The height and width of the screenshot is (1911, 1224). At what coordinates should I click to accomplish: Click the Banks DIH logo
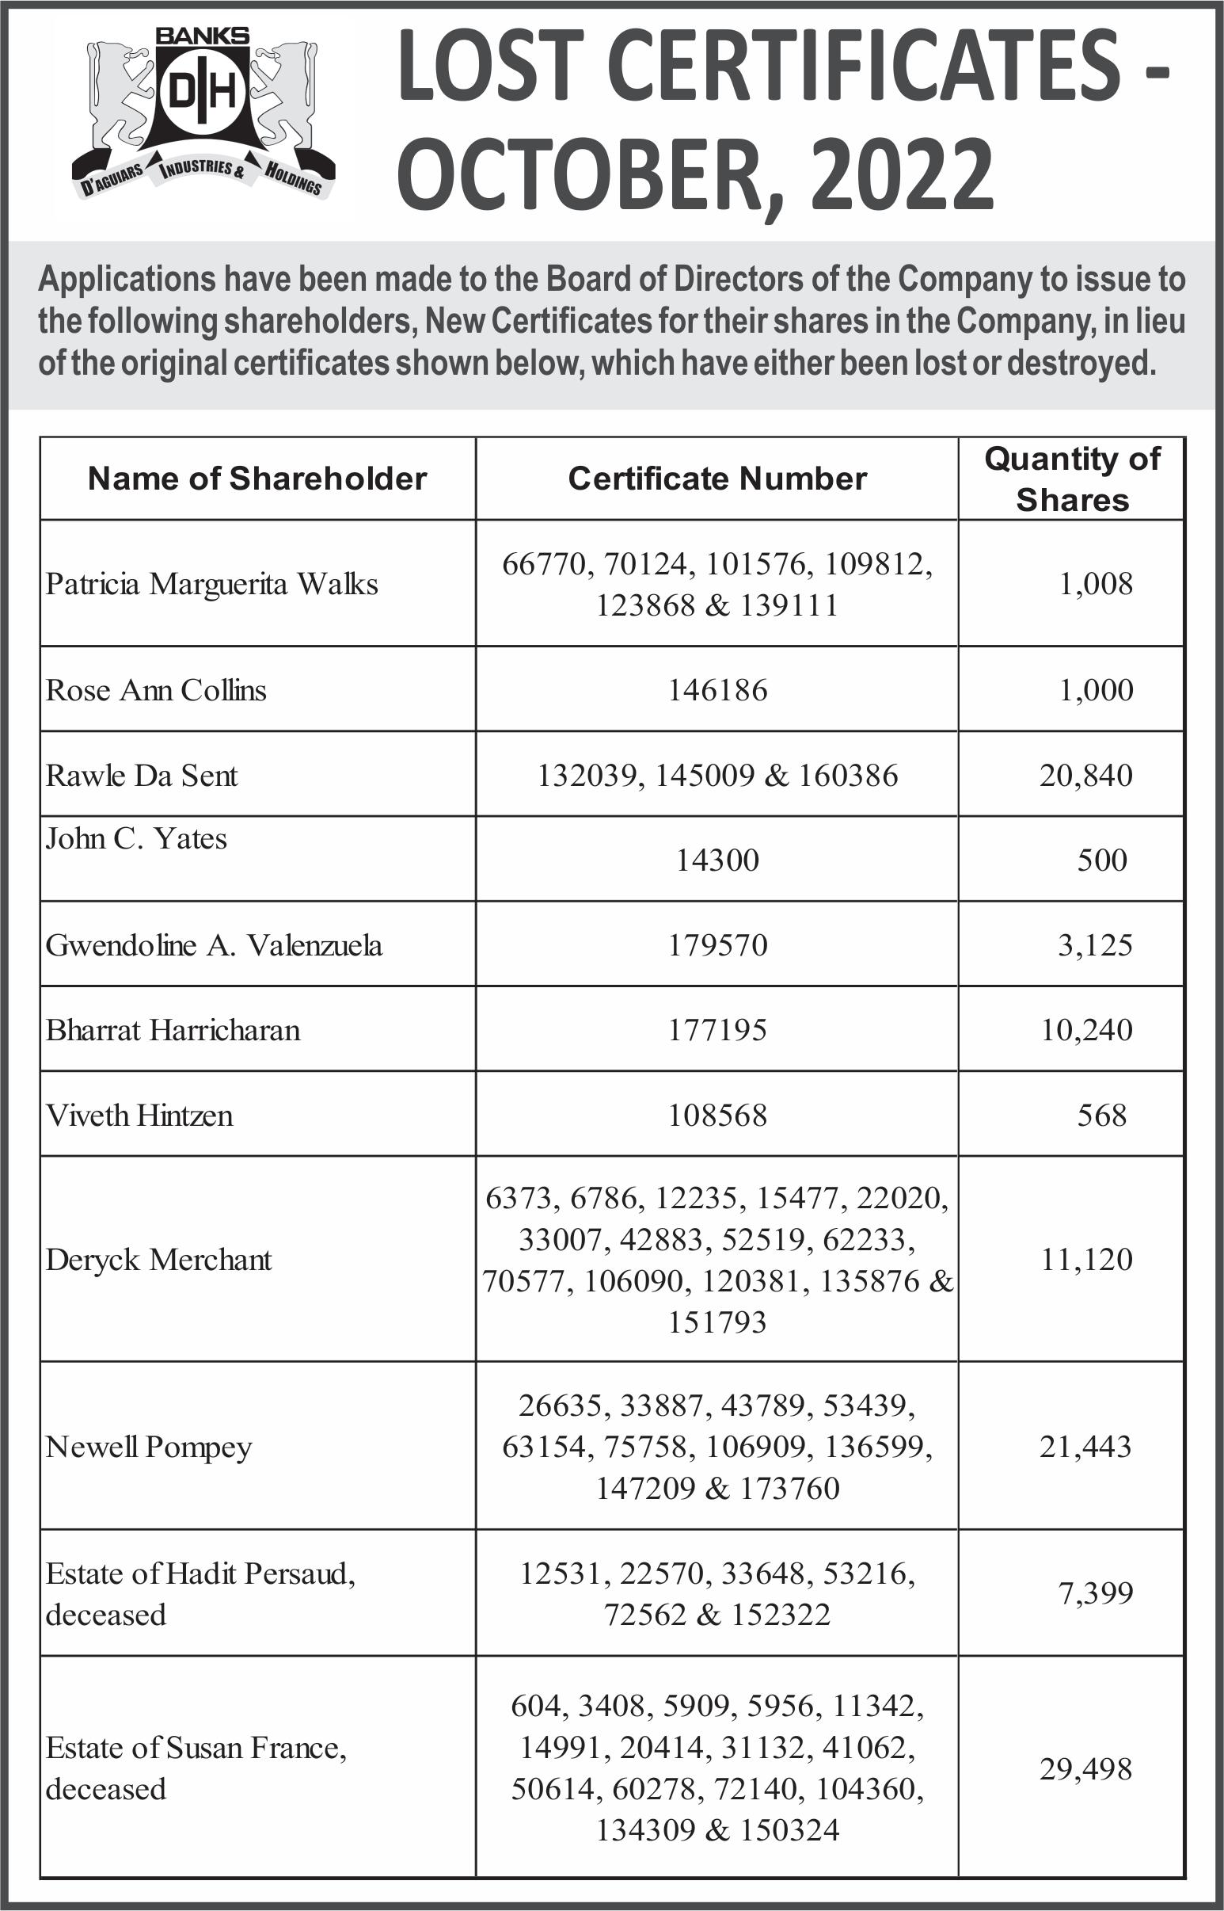tap(203, 112)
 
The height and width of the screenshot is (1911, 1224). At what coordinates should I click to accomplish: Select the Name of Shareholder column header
tap(257, 479)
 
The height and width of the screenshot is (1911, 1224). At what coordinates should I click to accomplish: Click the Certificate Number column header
tap(717, 479)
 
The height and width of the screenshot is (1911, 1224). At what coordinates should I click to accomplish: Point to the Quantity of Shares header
tap(1071, 479)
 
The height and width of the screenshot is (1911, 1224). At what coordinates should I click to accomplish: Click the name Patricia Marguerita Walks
tap(211, 584)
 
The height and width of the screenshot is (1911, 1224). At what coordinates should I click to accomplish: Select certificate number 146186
tap(717, 690)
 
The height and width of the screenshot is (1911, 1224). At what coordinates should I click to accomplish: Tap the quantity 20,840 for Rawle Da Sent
tap(1085, 776)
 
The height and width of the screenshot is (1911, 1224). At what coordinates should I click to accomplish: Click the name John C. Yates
tap(136, 838)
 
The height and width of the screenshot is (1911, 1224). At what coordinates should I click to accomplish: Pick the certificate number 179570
tap(717, 944)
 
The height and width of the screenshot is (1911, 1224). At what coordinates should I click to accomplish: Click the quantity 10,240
tap(1086, 1030)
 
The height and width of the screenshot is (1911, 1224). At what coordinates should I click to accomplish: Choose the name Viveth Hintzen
tap(139, 1115)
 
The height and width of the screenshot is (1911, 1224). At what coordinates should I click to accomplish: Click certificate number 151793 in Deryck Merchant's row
tap(717, 1322)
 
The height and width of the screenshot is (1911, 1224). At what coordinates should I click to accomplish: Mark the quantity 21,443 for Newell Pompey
tap(1085, 1447)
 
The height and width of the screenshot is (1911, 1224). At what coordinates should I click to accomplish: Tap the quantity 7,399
tap(1094, 1594)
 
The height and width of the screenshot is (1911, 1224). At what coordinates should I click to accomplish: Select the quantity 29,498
tap(1085, 1768)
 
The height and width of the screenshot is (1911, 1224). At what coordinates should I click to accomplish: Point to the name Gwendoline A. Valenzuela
tap(214, 944)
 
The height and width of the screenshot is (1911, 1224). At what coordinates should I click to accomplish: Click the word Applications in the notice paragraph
tap(127, 279)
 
